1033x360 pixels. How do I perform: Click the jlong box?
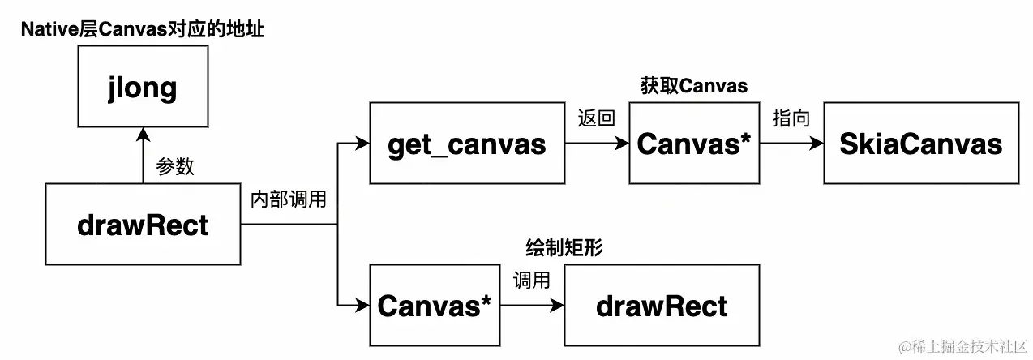click(143, 86)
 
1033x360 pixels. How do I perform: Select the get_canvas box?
click(466, 144)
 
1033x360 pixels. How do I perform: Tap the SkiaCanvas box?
click(921, 144)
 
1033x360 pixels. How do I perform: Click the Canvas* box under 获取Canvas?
click(694, 144)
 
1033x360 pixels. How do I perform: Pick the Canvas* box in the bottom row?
click(435, 306)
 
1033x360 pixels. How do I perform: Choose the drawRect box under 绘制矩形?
click(662, 306)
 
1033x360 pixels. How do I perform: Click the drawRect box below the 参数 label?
click(143, 225)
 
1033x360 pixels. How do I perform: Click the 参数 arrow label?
click(174, 166)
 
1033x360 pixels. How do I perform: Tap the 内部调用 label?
click(289, 199)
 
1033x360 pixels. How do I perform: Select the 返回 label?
click(596, 118)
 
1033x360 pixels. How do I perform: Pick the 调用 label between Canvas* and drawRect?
click(531, 281)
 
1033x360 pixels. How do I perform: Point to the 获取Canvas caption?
click(693, 86)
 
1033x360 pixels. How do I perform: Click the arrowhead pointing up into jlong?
click(143, 133)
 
